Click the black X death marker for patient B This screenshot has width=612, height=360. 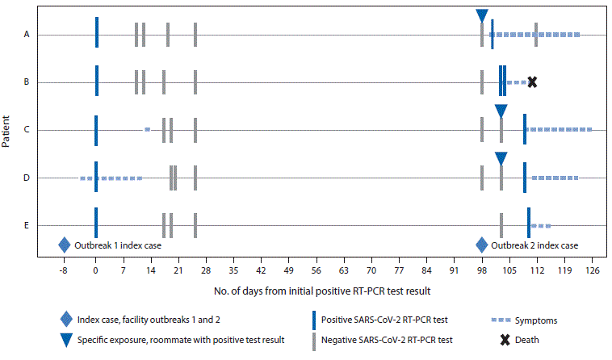531,82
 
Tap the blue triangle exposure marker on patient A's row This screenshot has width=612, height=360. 482,15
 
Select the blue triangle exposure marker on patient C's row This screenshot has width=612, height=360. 501,111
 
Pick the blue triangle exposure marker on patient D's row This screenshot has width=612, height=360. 501,158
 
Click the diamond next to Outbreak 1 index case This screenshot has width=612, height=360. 64,245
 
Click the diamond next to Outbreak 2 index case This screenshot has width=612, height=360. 482,245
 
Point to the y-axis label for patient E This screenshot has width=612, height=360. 27,225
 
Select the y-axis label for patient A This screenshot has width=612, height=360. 27,35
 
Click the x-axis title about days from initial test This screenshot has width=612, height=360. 328,289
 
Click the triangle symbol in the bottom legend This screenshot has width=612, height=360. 64,340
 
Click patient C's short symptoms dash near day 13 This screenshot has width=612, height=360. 147,129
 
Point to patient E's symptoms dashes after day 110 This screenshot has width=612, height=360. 541,225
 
